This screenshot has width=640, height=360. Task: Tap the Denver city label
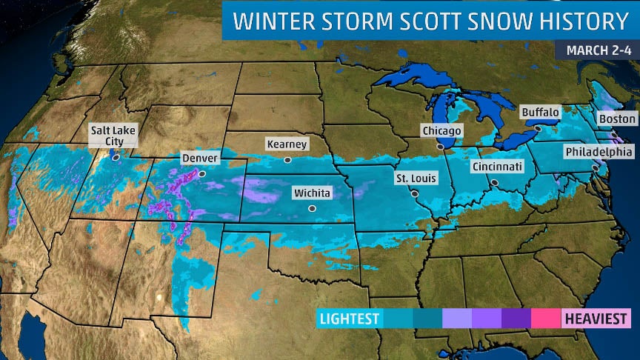point(200,159)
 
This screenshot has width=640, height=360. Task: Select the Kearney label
point(287,144)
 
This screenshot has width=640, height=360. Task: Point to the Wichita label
point(312,194)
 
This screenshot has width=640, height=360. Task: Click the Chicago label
point(441,131)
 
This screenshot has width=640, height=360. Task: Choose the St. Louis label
point(416,179)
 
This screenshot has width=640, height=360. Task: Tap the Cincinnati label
point(498,167)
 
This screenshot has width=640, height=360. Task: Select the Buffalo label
point(540,113)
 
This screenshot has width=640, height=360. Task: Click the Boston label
point(617,119)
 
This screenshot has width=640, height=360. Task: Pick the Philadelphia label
point(598,153)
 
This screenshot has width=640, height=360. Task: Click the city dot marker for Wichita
point(312,209)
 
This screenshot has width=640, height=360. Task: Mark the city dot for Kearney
point(287,159)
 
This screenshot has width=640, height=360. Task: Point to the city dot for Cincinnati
point(494,182)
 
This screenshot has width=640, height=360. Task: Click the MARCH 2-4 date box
point(596,50)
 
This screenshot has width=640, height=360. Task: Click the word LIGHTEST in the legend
point(348,319)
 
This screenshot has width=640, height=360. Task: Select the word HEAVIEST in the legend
point(596,319)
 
